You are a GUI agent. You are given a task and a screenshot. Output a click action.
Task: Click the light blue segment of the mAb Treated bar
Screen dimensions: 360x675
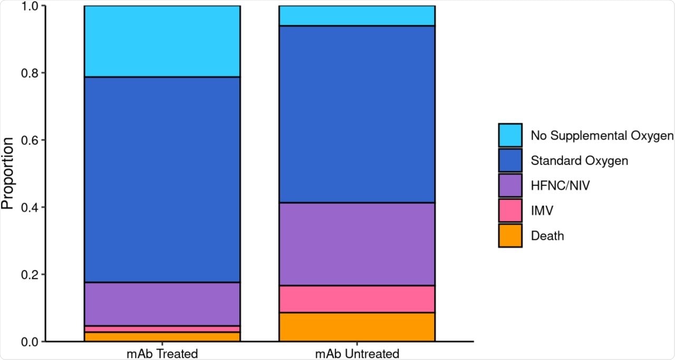click(x=162, y=41)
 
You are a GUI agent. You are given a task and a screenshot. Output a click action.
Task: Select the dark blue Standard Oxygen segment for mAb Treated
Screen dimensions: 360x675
click(x=162, y=179)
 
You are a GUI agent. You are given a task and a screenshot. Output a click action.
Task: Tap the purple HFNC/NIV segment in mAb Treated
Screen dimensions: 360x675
click(x=162, y=304)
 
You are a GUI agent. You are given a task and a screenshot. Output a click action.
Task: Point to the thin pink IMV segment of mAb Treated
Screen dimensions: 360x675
click(x=162, y=329)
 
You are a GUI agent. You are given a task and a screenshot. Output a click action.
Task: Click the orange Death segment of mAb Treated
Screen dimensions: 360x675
click(x=162, y=337)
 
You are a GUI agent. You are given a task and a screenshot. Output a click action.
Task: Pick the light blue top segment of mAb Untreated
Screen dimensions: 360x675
click(x=356, y=16)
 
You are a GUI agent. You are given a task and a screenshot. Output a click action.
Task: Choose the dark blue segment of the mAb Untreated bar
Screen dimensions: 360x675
click(x=356, y=114)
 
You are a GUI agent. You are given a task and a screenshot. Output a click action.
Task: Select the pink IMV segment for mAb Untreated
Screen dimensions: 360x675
click(x=356, y=299)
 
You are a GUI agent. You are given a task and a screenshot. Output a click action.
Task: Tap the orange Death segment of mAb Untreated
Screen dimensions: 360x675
click(x=356, y=327)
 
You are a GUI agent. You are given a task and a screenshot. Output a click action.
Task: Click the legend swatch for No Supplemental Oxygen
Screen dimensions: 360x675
click(x=510, y=135)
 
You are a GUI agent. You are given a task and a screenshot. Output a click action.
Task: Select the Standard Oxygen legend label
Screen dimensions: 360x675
click(x=580, y=161)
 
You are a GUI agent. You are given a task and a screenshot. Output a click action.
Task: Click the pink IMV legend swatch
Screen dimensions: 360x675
click(x=510, y=210)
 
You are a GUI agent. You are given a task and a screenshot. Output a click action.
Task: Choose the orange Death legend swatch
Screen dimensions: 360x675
click(x=510, y=236)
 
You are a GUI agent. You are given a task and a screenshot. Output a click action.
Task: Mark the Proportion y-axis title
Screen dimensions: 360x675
click(x=8, y=173)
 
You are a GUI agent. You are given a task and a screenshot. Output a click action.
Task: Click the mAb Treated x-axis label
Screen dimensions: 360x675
click(x=162, y=353)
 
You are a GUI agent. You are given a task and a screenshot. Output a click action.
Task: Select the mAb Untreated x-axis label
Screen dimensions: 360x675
click(x=356, y=353)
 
